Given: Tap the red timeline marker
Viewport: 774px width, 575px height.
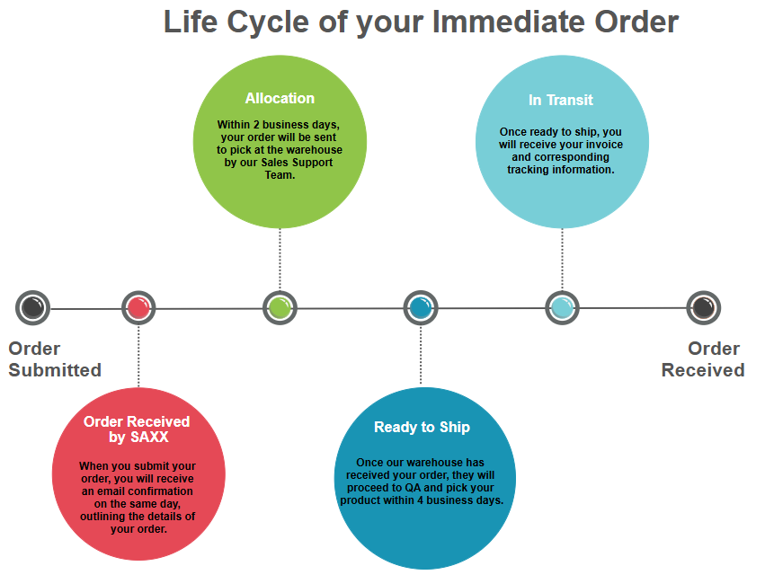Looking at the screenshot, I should [138, 308].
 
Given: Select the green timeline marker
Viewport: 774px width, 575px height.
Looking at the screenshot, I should [280, 308].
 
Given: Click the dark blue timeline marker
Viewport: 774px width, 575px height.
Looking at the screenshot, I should [421, 308].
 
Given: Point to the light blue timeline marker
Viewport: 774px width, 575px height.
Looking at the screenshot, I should [562, 308].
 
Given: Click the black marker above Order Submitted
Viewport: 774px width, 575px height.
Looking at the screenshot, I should [33, 308].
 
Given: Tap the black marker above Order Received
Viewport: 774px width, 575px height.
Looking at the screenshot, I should [703, 308].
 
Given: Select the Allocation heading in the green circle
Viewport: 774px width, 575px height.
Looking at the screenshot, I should [280, 98].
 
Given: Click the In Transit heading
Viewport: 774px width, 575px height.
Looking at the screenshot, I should [561, 100].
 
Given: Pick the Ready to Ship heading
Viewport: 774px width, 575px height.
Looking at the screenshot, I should [422, 427].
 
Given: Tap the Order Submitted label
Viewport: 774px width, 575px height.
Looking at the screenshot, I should [55, 359].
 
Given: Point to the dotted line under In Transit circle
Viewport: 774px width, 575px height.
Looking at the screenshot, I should [562, 261].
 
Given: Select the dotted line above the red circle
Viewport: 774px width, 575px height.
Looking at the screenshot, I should [138, 359].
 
